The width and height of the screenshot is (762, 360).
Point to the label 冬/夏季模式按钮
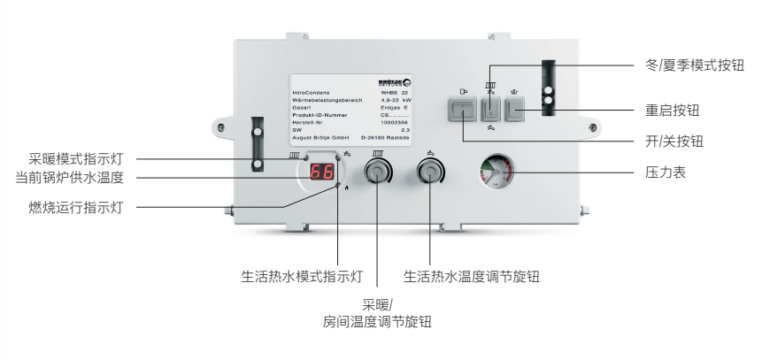[690, 66]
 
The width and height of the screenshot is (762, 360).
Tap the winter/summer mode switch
[490, 111]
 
